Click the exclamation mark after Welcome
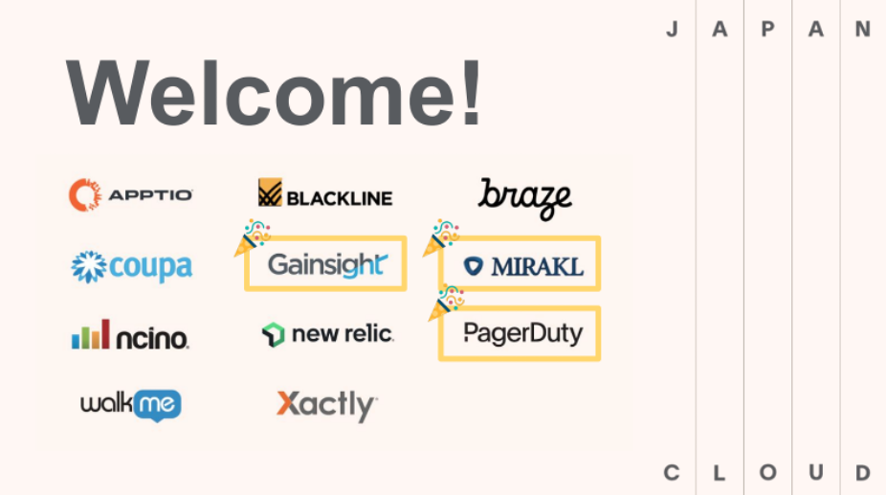click(471, 92)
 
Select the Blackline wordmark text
click(340, 198)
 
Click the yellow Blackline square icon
click(270, 192)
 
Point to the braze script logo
click(525, 198)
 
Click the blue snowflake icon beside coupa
click(89, 266)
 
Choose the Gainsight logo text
click(328, 265)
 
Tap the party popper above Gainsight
click(252, 237)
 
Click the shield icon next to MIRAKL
click(474, 266)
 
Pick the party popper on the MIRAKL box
click(441, 237)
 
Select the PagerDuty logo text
click(522, 334)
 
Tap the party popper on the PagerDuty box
click(446, 304)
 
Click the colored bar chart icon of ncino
click(90, 334)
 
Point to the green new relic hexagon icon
click(274, 335)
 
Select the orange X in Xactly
click(289, 403)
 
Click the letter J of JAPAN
click(672, 29)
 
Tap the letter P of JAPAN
click(767, 29)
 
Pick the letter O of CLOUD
click(768, 472)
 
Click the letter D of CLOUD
click(863, 472)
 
